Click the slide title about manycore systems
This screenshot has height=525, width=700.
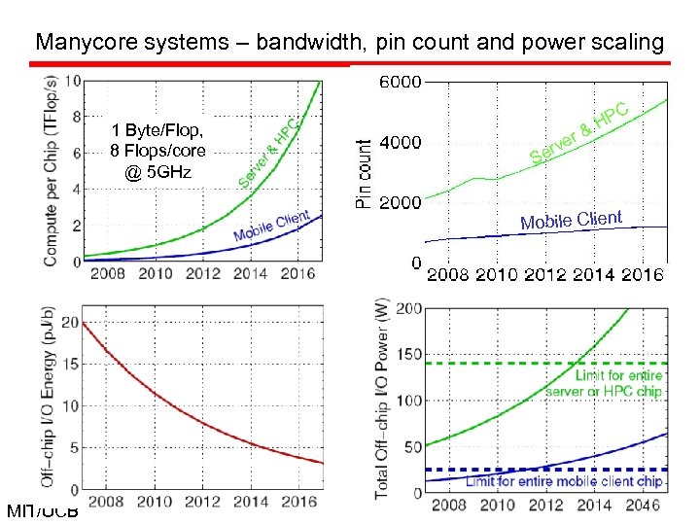click(x=349, y=42)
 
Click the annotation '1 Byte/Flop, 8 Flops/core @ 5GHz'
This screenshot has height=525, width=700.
click(x=158, y=151)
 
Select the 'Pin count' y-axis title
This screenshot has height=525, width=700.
click(x=364, y=173)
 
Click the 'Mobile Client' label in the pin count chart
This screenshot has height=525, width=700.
click(x=571, y=220)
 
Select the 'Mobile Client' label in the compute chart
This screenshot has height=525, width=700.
click(x=271, y=227)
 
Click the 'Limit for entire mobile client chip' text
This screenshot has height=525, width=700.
click(x=564, y=481)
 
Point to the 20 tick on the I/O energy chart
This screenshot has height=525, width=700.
click(x=68, y=322)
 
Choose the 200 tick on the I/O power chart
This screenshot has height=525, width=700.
click(x=408, y=309)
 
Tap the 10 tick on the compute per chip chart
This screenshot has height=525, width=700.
click(x=72, y=81)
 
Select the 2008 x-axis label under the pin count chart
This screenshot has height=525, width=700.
click(x=448, y=275)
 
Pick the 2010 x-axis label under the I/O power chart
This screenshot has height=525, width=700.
click(x=498, y=506)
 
